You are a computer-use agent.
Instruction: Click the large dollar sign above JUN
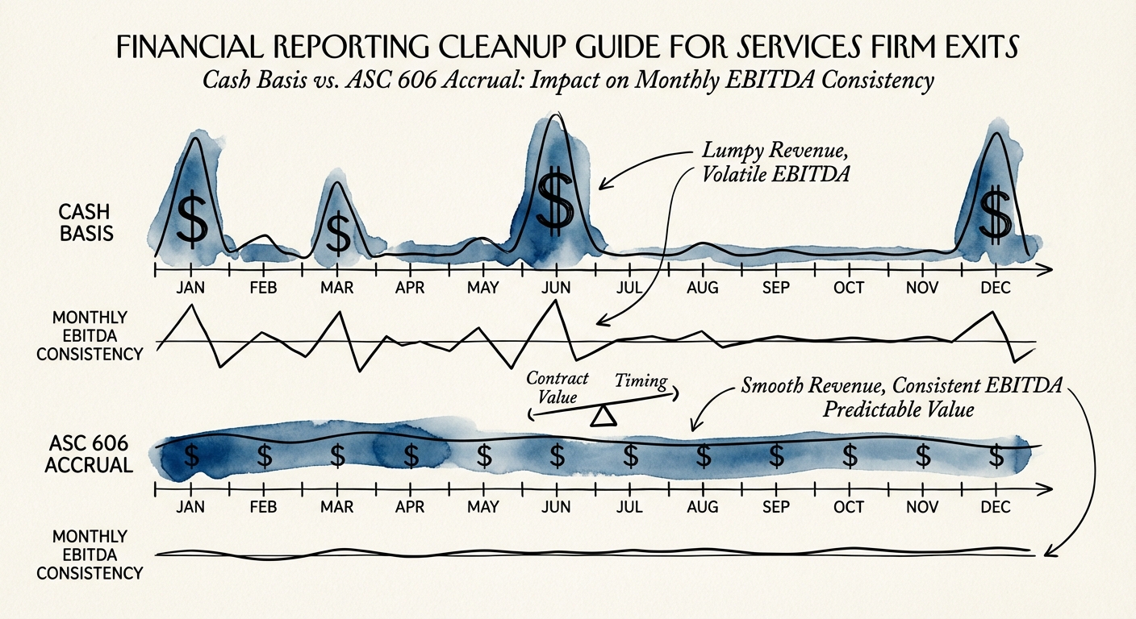pyautogui.click(x=554, y=201)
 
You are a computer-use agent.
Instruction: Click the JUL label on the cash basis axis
pyautogui.click(x=629, y=288)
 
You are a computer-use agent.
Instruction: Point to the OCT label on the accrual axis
pyautogui.click(x=849, y=508)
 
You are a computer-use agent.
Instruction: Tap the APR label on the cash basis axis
pyautogui.click(x=411, y=288)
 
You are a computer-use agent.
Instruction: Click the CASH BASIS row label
pyautogui.click(x=86, y=223)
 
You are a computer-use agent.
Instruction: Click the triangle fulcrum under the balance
pyautogui.click(x=603, y=416)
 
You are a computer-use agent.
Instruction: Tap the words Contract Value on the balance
pyautogui.click(x=557, y=388)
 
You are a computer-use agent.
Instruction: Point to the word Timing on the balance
pyautogui.click(x=641, y=382)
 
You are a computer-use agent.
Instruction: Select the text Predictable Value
pyautogui.click(x=898, y=409)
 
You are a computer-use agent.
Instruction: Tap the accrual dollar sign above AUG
pyautogui.click(x=703, y=456)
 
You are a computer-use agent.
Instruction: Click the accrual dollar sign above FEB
pyautogui.click(x=264, y=455)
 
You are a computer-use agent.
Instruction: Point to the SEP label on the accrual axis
pyautogui.click(x=775, y=508)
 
